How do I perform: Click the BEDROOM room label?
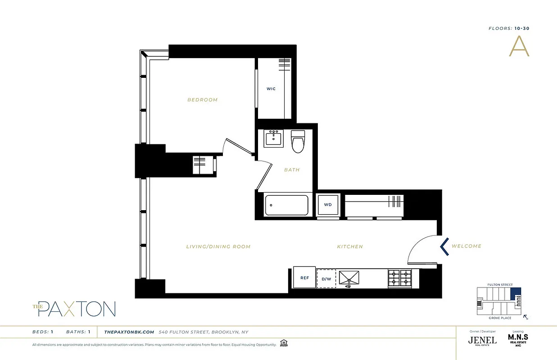click(x=203, y=100)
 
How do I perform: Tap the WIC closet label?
click(x=271, y=89)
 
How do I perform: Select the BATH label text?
click(x=292, y=170)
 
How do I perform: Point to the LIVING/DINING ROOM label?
click(x=218, y=247)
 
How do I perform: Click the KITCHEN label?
click(x=350, y=247)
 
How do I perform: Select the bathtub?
click(x=286, y=205)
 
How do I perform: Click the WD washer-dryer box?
click(x=328, y=205)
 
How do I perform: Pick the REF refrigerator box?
click(x=305, y=278)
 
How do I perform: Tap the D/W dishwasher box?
click(x=326, y=279)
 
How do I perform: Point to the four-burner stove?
click(x=400, y=279)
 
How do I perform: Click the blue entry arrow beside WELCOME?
click(x=444, y=247)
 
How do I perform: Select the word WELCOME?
click(x=466, y=246)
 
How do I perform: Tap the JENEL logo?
click(x=483, y=340)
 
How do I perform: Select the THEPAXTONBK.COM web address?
click(x=129, y=332)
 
